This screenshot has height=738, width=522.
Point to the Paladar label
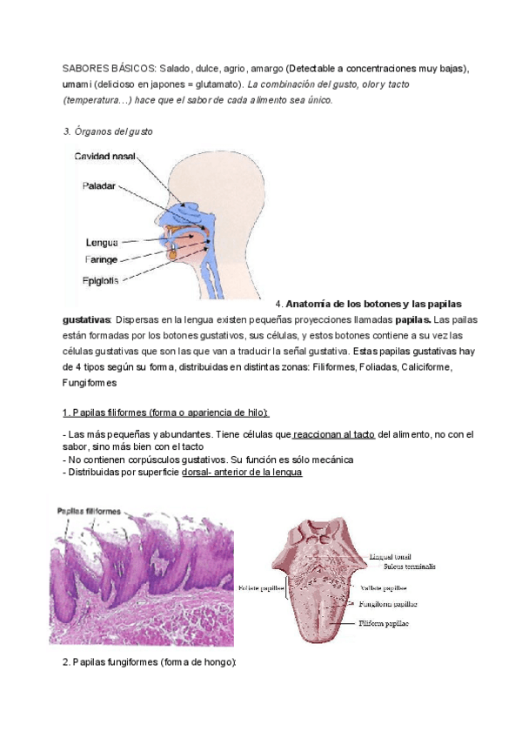[x=98, y=186]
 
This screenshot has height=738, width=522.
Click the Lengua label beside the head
[x=102, y=243]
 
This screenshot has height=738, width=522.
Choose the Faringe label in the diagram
[x=102, y=258]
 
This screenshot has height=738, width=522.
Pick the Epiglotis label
[x=102, y=280]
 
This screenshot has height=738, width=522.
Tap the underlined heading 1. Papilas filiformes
[x=165, y=413]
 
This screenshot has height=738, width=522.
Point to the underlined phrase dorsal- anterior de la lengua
[x=243, y=472]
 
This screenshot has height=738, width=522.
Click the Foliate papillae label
[x=260, y=588]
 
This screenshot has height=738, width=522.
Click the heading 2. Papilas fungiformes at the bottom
[x=150, y=662]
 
